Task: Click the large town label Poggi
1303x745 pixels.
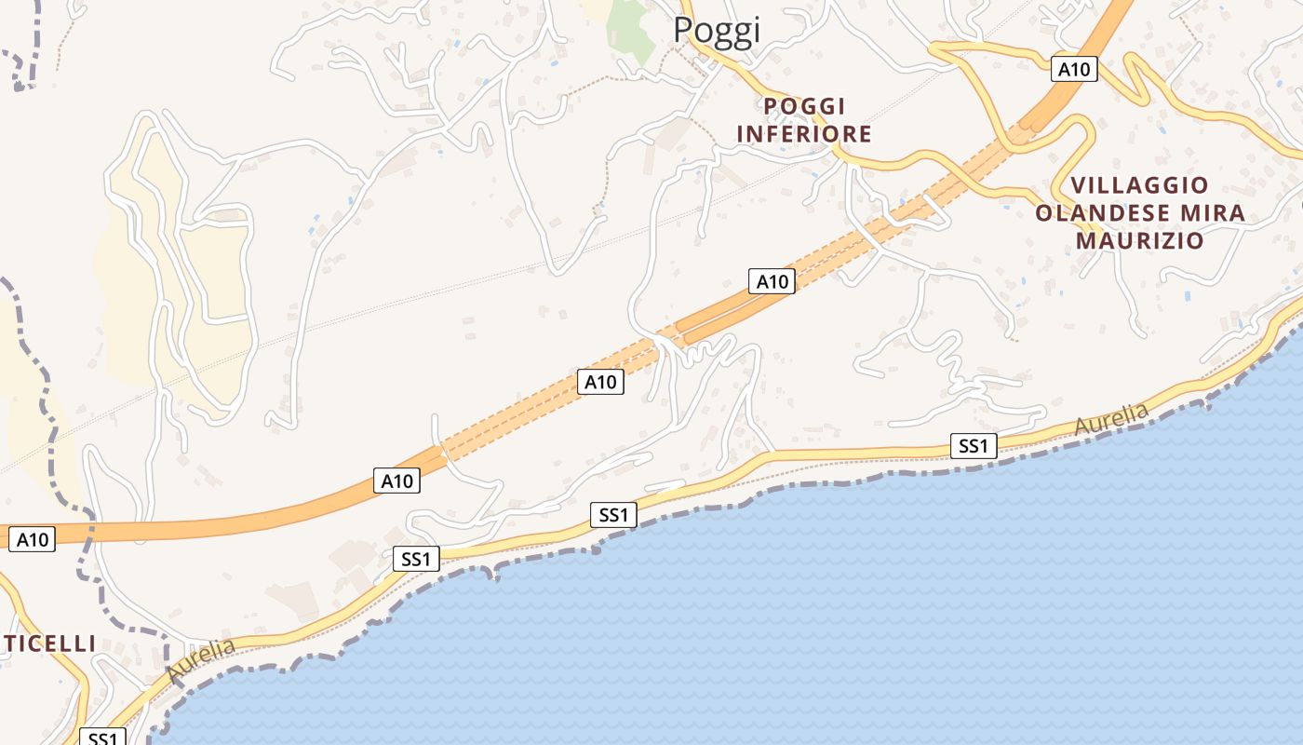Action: (717, 30)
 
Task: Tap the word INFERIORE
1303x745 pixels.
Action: (804, 134)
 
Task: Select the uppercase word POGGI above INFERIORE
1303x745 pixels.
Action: (804, 106)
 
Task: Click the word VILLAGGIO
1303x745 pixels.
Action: (1139, 185)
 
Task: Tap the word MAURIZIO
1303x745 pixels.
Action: (1139, 241)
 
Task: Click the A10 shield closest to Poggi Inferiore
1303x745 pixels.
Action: (772, 281)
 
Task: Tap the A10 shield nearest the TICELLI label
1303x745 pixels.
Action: (33, 539)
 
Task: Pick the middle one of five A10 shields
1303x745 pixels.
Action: (600, 381)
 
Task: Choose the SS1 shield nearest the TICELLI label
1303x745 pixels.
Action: (101, 738)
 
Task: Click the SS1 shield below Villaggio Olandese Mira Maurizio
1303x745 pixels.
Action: (974, 446)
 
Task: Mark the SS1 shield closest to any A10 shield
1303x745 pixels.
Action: (415, 559)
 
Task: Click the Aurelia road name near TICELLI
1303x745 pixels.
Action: (200, 659)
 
